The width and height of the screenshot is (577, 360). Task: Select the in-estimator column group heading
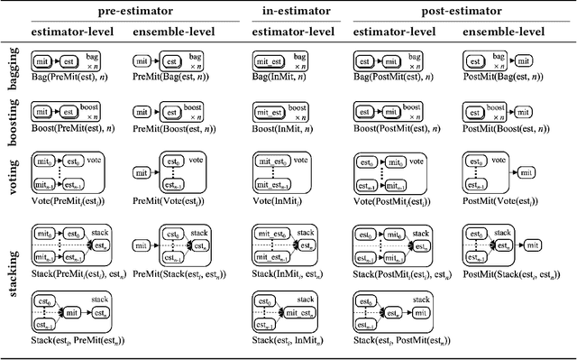(x=288, y=12)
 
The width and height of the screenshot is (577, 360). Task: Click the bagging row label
(x=14, y=69)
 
